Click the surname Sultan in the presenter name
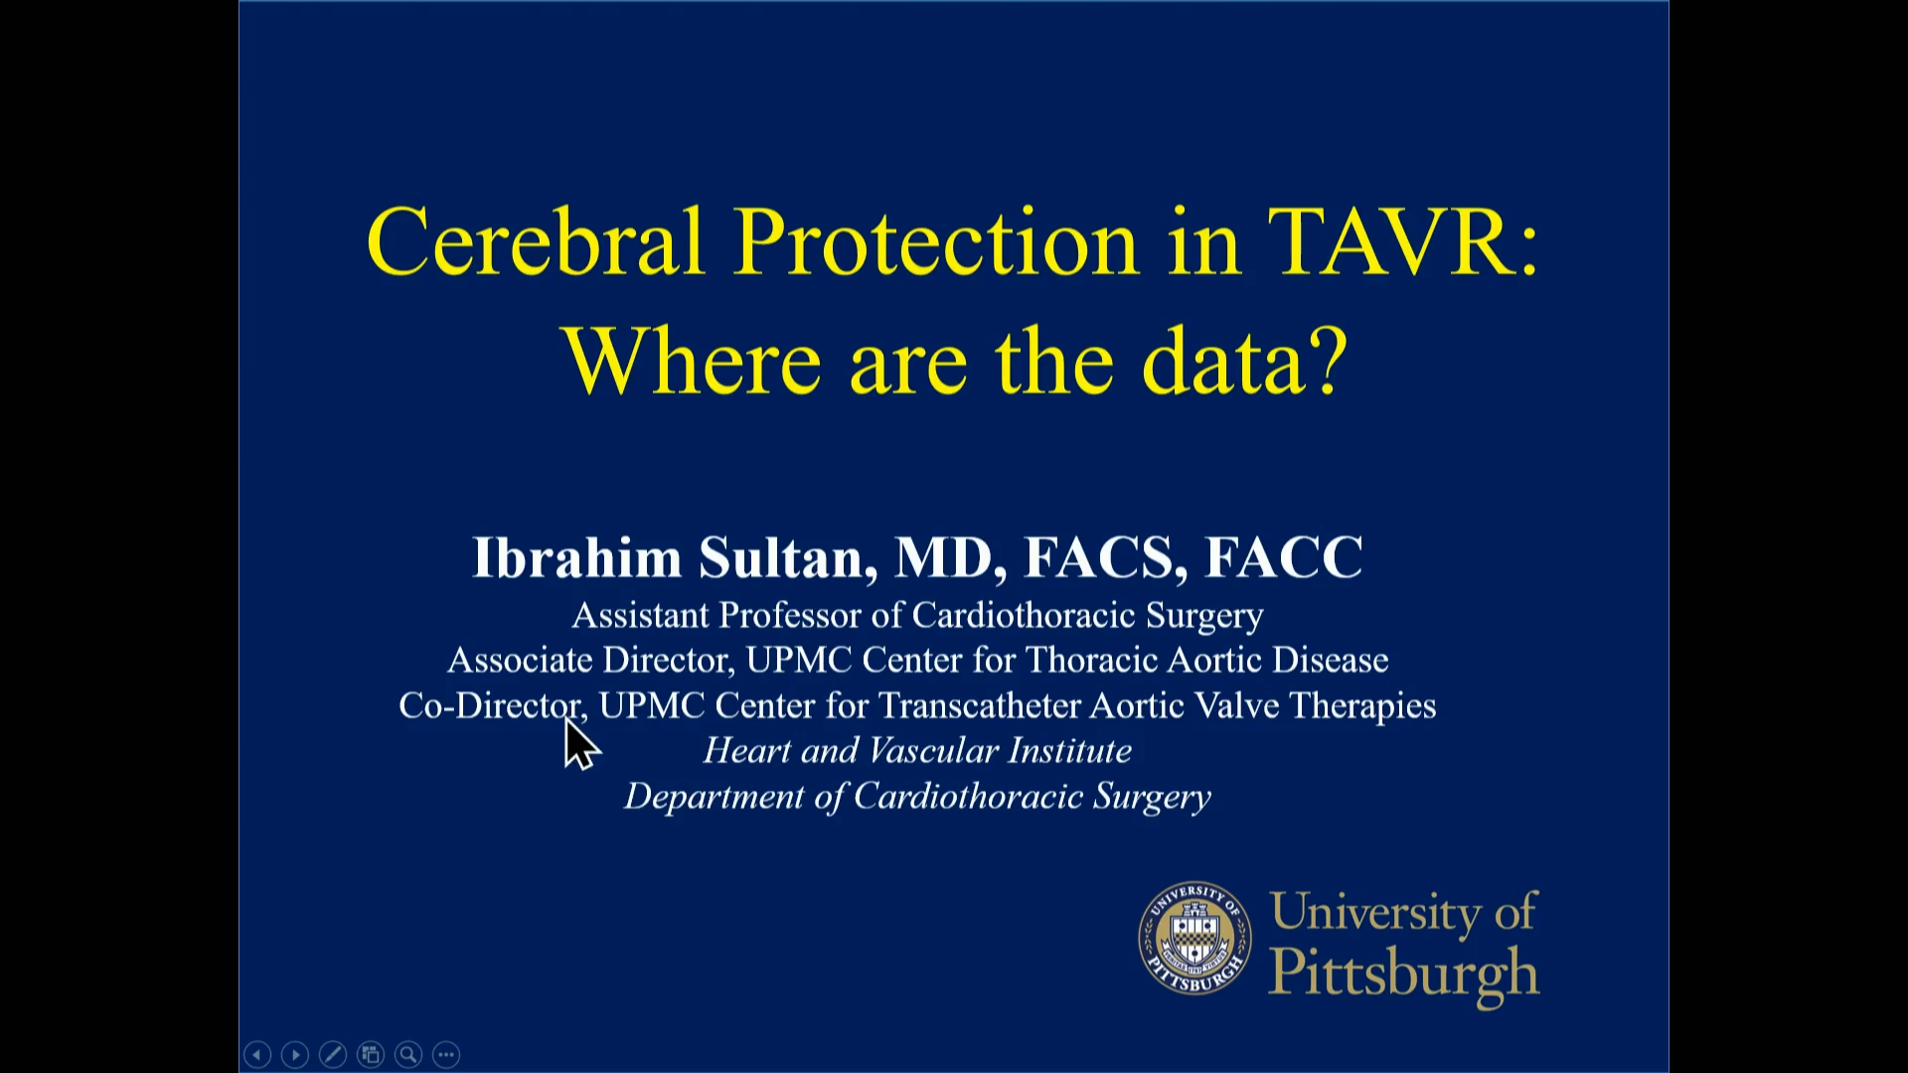(787, 557)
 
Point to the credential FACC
(1283, 557)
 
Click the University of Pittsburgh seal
(1194, 938)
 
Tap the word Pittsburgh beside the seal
(1404, 972)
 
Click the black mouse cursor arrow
(579, 743)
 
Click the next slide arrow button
(295, 1054)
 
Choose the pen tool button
(333, 1054)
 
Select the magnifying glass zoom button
(408, 1054)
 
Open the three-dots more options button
(446, 1054)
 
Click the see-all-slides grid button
(371, 1054)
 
